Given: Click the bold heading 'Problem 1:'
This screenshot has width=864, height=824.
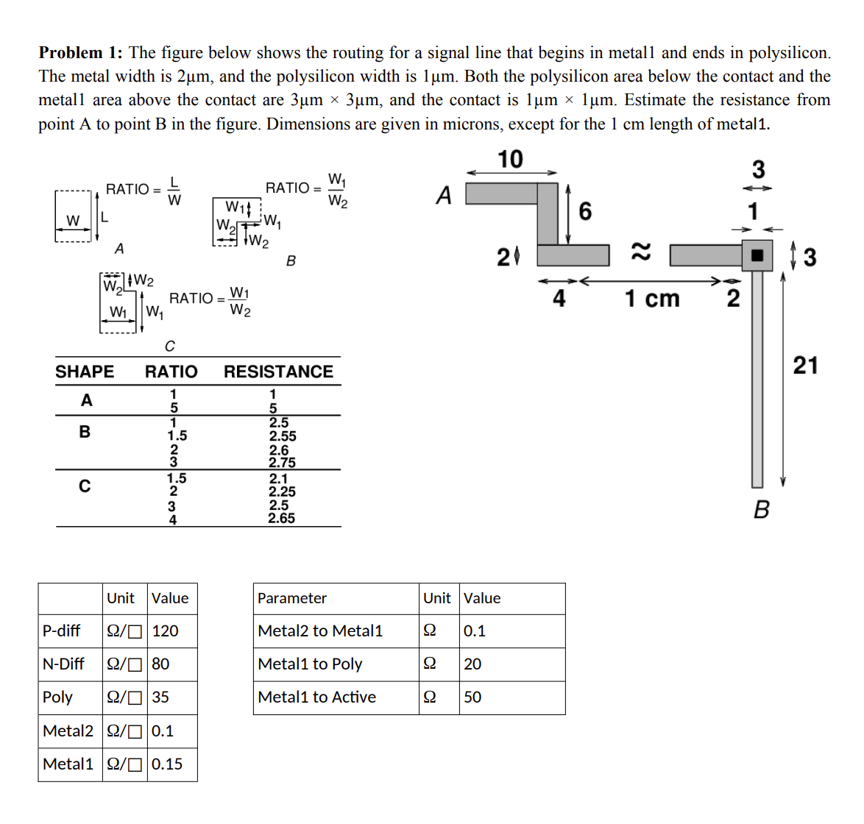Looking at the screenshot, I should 80,53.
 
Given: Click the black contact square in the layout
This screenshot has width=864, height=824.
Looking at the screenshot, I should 757,255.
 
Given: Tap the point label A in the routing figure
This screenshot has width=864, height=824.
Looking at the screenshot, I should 443,196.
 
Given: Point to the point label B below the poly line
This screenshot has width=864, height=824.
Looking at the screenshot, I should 762,509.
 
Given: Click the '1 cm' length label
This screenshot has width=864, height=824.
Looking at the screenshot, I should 652,299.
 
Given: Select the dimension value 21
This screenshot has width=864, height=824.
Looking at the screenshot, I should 805,365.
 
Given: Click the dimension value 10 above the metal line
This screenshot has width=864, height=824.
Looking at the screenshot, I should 510,159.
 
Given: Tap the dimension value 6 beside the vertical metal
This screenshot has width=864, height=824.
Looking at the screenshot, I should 585,212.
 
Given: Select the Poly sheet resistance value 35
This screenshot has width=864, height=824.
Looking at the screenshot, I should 160,697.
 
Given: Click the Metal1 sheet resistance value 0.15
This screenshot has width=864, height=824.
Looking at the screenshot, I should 167,764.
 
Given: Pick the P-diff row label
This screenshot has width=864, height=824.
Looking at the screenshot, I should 62,631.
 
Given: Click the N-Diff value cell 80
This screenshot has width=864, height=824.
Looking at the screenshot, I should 160,664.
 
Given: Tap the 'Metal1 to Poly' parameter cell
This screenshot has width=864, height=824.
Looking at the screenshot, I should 310,664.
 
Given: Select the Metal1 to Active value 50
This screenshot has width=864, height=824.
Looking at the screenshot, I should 472,697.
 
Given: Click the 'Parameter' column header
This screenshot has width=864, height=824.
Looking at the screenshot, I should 292,598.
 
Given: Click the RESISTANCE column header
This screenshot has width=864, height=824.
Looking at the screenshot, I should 278,372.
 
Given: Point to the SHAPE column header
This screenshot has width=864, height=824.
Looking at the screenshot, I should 85,372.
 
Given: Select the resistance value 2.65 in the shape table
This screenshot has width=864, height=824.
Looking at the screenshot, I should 281,519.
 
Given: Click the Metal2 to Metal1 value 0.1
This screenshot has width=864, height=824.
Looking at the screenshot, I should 475,631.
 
